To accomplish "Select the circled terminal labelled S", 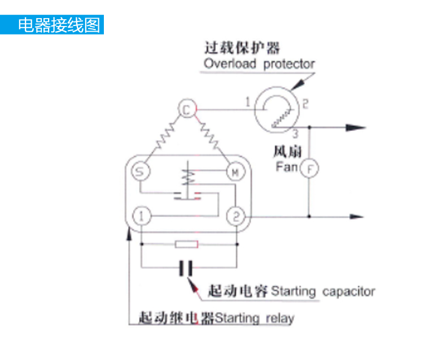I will coord(140,172).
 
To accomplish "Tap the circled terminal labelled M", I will coord(234,172).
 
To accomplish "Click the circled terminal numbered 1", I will coord(142,216).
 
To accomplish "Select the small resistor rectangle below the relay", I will coord(186,244).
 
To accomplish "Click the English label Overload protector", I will coord(259,64).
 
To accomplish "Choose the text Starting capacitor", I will coord(323,292).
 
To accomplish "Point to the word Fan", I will coord(286,167).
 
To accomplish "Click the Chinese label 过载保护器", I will coord(242,47).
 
